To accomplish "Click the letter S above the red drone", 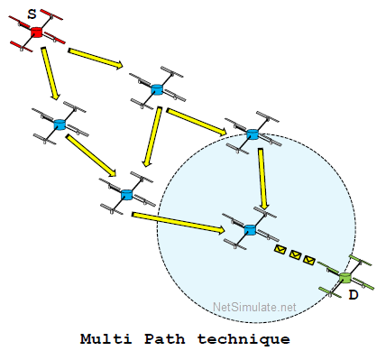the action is point(32,14).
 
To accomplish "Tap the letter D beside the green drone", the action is point(354,295).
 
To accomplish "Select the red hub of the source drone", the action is point(37,32).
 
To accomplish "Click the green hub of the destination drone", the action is point(345,278).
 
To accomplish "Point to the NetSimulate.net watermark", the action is point(254,307).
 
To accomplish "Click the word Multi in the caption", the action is point(106,339).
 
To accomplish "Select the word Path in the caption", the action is point(164,339).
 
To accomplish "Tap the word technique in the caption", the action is point(244,339).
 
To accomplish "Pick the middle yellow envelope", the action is point(295,255).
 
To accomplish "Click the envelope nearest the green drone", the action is point(309,260).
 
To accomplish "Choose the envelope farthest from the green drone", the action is point(280,249).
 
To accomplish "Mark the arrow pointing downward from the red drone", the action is point(51,73).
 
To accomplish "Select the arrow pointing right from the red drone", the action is point(96,59).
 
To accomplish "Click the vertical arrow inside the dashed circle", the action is point(262,179).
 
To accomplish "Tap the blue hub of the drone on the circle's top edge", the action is point(253,134).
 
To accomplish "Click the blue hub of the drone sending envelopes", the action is point(250,230).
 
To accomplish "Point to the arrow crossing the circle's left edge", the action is point(179,223).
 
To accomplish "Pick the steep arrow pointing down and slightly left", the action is point(152,137).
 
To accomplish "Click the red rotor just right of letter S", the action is point(51,14).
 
